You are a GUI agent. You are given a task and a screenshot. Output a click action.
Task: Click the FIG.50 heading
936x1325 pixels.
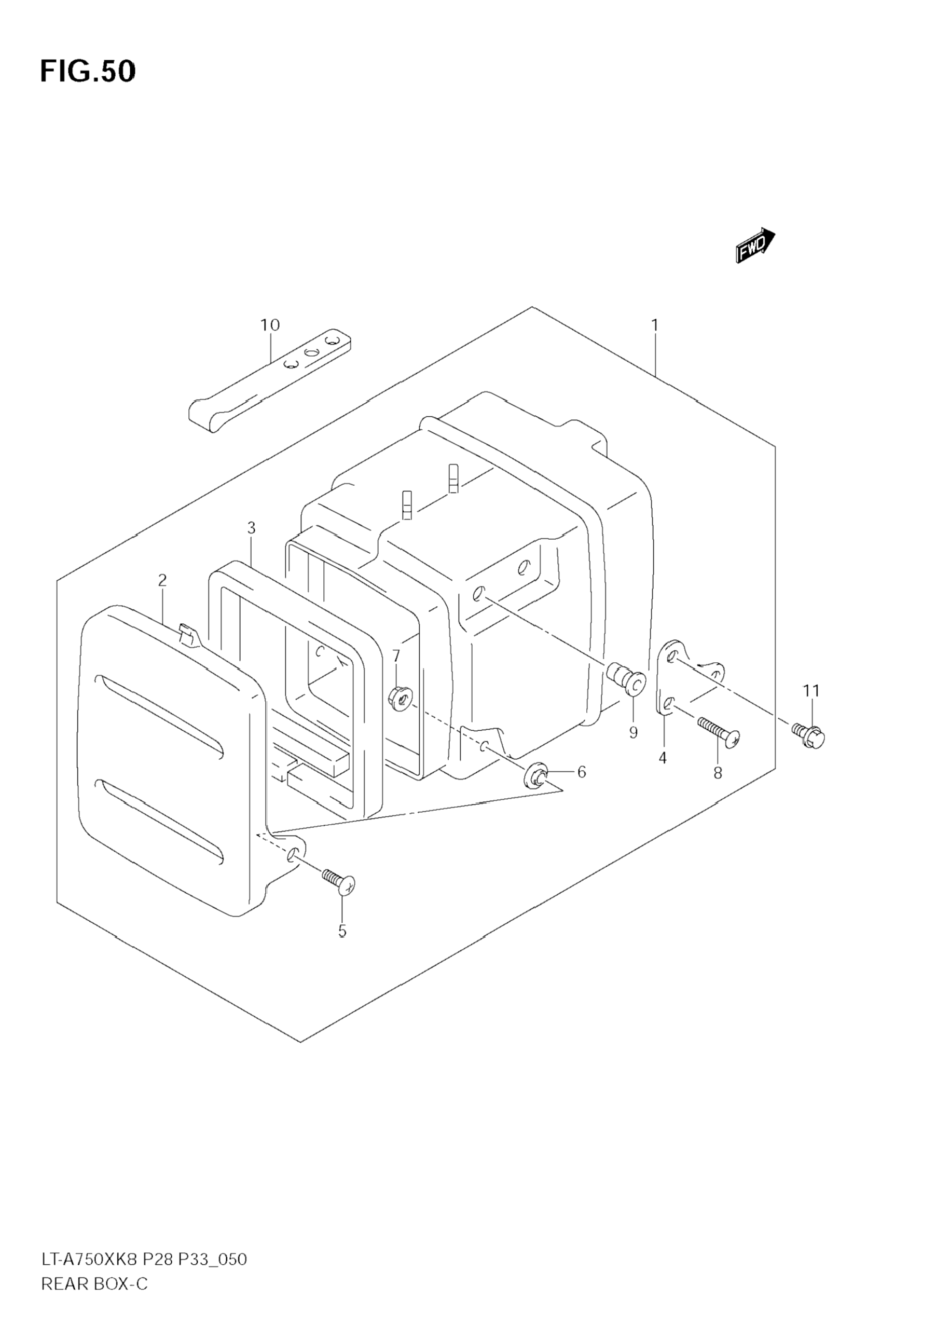tap(88, 72)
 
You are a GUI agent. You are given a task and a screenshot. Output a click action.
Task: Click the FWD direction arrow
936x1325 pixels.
tap(755, 244)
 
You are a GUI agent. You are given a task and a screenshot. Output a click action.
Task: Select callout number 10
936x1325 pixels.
tap(270, 325)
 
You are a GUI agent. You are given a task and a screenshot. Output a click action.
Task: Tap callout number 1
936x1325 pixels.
tap(655, 325)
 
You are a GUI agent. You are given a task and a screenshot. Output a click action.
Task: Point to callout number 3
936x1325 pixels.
tap(251, 527)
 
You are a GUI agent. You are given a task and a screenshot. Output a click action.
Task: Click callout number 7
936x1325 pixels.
tap(396, 656)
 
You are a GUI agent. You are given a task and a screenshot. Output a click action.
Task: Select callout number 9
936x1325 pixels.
tap(634, 732)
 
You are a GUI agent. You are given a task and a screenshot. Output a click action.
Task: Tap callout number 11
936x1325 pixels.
tap(811, 690)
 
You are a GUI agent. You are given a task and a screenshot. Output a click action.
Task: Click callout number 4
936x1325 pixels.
tap(663, 758)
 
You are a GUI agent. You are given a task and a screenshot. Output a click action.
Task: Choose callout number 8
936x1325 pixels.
tap(718, 773)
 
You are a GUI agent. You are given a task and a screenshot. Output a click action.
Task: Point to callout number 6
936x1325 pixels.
tap(582, 772)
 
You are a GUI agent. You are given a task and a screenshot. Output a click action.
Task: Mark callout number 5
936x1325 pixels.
tap(342, 931)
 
